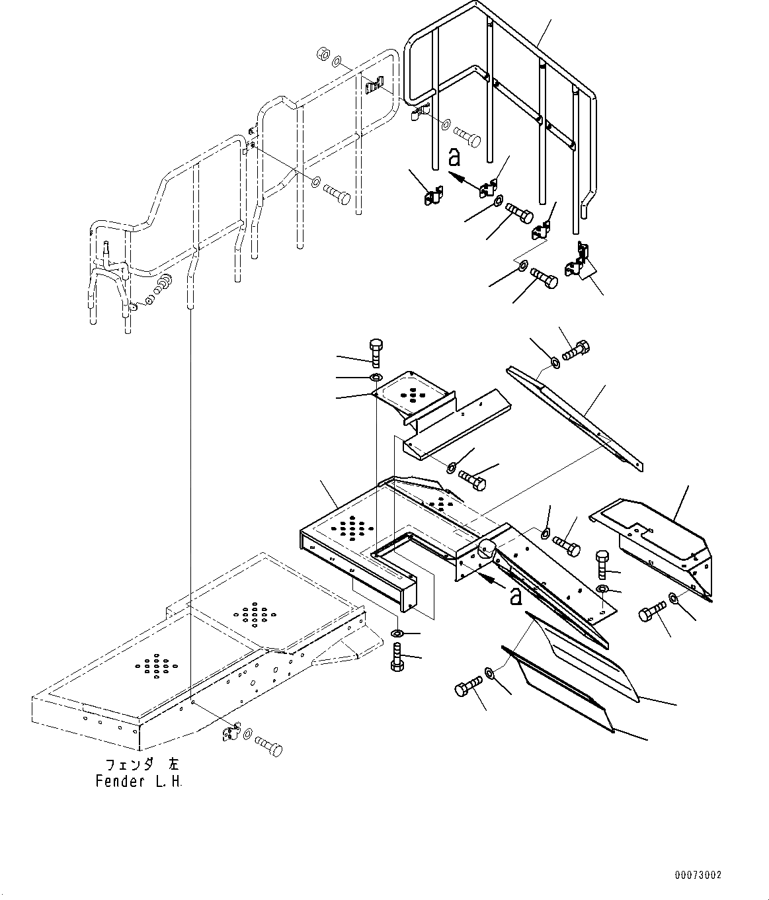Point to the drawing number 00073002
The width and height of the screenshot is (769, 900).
pos(698,875)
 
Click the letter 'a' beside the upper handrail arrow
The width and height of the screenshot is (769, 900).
pos(454,157)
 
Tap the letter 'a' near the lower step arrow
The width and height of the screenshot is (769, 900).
pos(516,596)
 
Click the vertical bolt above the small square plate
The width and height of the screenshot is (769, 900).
pos(375,352)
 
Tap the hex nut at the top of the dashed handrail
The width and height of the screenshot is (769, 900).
pos(323,53)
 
